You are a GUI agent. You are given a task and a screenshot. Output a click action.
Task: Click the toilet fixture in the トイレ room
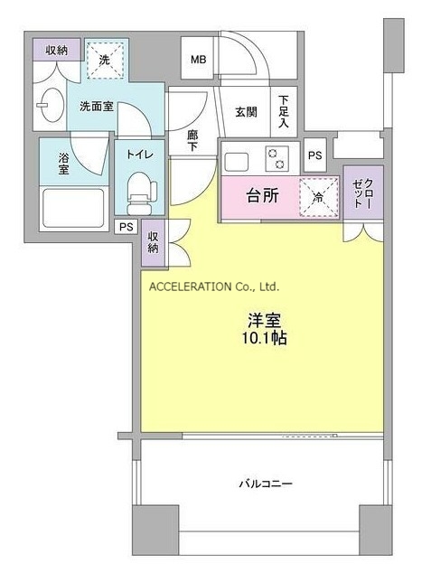[141, 193]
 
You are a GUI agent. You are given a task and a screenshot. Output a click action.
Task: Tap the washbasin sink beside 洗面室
[52, 105]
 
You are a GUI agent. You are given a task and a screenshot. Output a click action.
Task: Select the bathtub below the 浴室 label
[73, 208]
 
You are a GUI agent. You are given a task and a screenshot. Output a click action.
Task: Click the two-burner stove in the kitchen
[276, 158]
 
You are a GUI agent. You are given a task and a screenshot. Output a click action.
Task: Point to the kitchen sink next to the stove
[237, 163]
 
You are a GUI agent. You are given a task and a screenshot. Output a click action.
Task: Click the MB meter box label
[199, 60]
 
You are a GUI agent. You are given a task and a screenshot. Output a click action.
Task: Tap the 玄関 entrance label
[246, 112]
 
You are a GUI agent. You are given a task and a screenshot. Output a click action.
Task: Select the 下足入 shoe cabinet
[284, 112]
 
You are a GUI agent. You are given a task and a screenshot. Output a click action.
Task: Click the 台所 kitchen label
[263, 196]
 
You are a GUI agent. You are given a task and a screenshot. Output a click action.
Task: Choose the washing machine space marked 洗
[105, 61]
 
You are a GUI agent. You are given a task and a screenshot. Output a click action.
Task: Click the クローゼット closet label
[363, 193]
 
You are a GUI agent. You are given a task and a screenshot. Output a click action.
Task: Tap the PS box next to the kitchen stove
[314, 155]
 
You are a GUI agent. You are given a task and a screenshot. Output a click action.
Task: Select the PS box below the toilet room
[126, 227]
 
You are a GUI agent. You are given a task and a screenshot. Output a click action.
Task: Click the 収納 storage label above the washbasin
[57, 50]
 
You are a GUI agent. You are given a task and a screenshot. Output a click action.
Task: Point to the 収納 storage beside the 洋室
[153, 242]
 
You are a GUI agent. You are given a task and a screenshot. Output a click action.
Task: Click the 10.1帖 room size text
[264, 338]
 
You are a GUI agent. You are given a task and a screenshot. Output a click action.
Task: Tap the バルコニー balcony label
[266, 484]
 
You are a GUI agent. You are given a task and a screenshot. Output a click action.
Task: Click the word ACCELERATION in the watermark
[190, 286]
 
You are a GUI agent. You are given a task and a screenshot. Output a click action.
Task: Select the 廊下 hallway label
[192, 141]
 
